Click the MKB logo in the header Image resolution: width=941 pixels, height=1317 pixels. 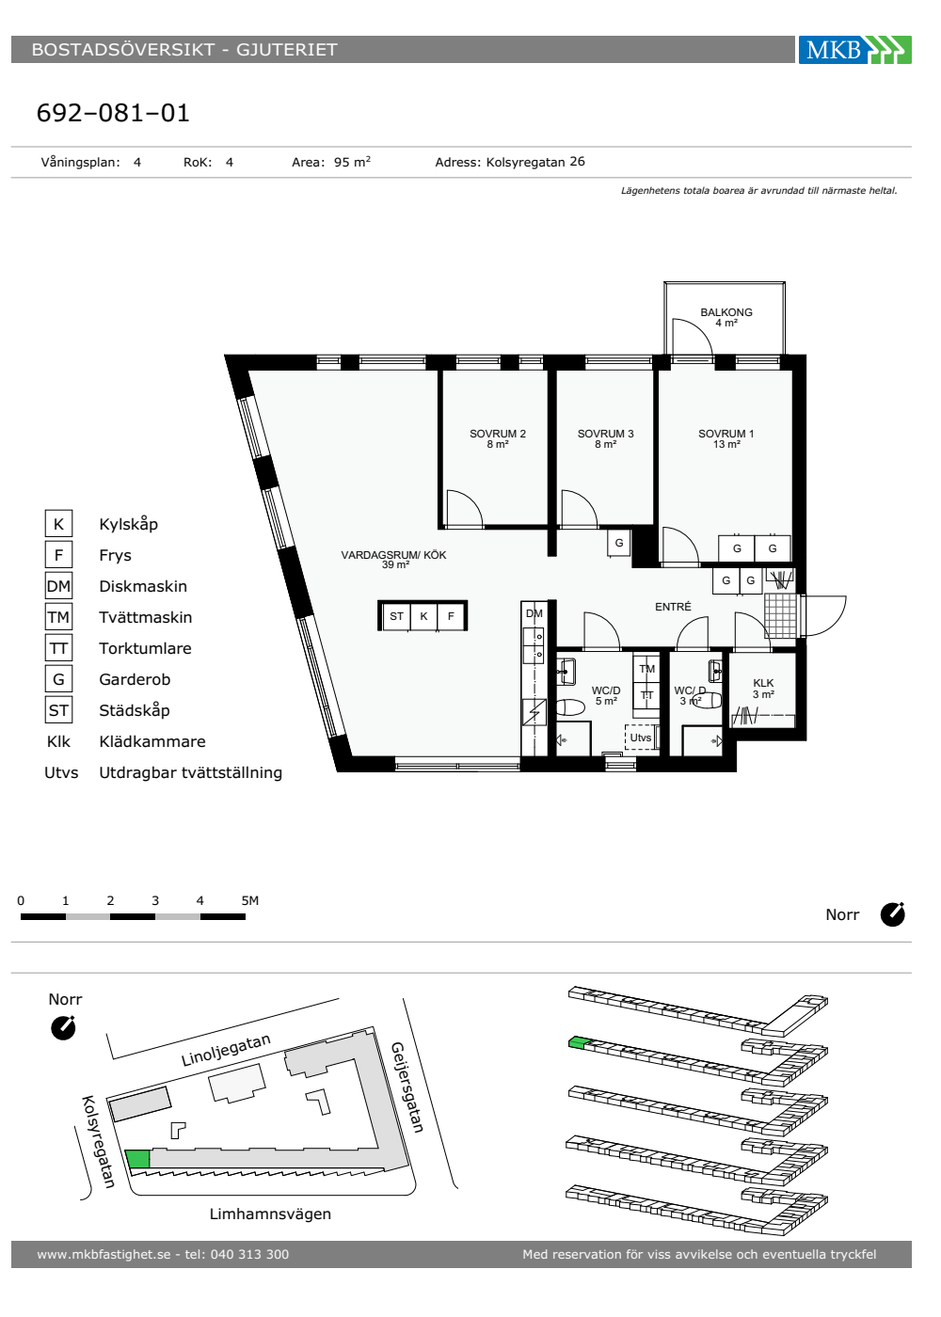[854, 49]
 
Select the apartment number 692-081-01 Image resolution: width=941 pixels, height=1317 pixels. [113, 113]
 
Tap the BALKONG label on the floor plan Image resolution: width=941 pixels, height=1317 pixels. [726, 312]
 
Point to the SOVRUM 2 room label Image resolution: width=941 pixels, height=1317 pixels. [498, 434]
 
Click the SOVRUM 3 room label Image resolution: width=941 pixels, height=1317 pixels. [605, 434]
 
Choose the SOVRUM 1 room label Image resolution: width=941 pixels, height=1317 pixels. [726, 434]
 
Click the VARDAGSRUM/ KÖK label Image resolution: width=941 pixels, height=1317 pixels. [393, 555]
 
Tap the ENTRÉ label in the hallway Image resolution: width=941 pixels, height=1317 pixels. [673, 607]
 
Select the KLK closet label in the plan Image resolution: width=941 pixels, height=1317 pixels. [763, 683]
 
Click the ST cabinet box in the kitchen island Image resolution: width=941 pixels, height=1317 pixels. [396, 616]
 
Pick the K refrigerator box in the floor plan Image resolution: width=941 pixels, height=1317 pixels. [423, 616]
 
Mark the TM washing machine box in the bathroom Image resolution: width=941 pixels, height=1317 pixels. [647, 669]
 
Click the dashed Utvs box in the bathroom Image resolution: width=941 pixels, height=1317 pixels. [641, 738]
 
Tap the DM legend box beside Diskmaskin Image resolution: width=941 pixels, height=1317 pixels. [58, 585]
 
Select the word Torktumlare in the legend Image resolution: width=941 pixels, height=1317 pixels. [145, 648]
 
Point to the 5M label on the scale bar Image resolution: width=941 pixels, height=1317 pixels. [250, 900]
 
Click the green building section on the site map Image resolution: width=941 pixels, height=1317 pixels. [137, 1159]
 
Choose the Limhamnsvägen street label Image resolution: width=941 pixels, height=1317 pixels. [270, 1214]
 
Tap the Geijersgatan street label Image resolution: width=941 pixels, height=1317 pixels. [407, 1087]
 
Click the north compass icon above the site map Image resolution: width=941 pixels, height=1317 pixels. [64, 1027]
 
